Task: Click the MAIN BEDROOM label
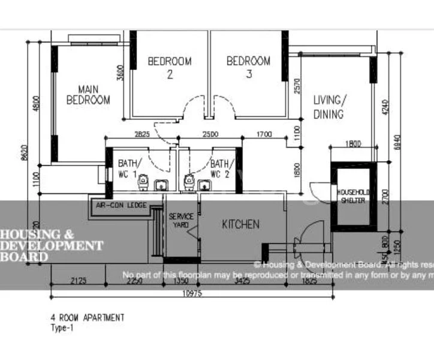click(88, 95)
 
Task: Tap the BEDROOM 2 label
click(170, 67)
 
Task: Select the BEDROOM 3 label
click(248, 67)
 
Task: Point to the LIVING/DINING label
click(328, 107)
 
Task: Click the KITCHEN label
click(241, 224)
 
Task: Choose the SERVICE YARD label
click(180, 220)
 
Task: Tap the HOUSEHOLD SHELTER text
click(354, 196)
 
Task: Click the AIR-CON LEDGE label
click(122, 205)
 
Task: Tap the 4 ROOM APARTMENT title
click(88, 317)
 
